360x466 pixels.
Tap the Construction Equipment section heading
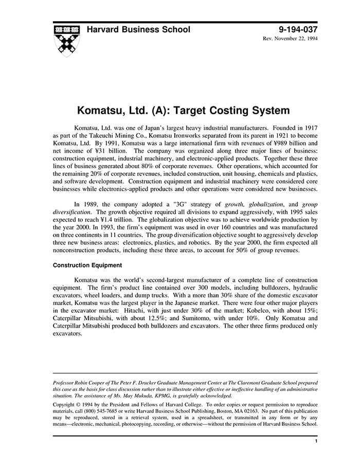[x=87, y=265]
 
